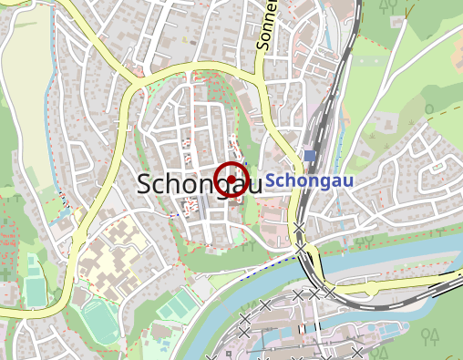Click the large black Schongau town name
point(193,183)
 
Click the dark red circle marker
point(232,177)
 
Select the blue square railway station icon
point(309,156)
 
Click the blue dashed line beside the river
point(273,265)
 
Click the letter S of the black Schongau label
point(145,183)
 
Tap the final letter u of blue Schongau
point(346,181)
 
